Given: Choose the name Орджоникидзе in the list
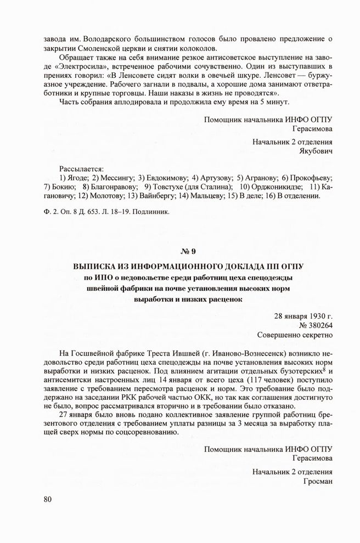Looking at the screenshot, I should coord(277,186).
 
